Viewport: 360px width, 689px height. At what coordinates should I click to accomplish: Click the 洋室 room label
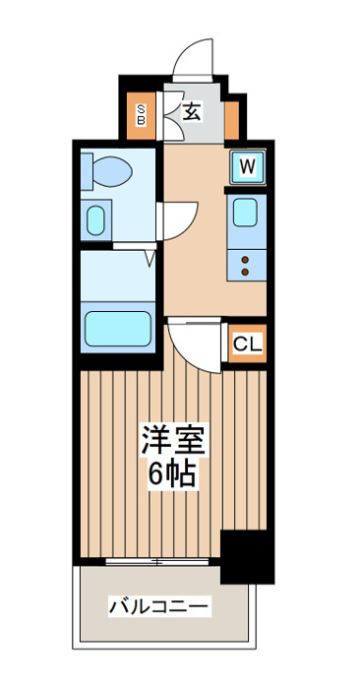click(173, 439)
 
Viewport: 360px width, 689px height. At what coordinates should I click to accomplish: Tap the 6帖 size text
click(172, 473)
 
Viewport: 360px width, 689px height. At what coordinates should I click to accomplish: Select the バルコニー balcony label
click(158, 607)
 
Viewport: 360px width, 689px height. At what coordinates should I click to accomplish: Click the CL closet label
click(248, 344)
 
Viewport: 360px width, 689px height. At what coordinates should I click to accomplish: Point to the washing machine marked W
click(248, 167)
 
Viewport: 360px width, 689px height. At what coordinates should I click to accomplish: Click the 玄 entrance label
click(192, 112)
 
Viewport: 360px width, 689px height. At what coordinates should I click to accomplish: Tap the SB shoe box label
click(141, 115)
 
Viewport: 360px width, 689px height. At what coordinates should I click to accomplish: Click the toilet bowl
click(112, 171)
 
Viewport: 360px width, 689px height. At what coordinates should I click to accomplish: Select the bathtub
click(118, 329)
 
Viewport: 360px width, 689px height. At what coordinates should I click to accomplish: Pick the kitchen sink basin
click(245, 213)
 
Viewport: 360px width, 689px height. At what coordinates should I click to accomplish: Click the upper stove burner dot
click(245, 260)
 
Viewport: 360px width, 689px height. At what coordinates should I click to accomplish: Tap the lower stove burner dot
click(245, 273)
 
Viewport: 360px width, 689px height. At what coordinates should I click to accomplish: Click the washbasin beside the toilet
click(95, 220)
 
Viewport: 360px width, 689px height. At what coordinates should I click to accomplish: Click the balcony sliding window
click(156, 562)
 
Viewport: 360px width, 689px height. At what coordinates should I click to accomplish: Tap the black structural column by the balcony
click(247, 557)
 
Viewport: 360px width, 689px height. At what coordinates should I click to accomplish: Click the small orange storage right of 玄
click(232, 120)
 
